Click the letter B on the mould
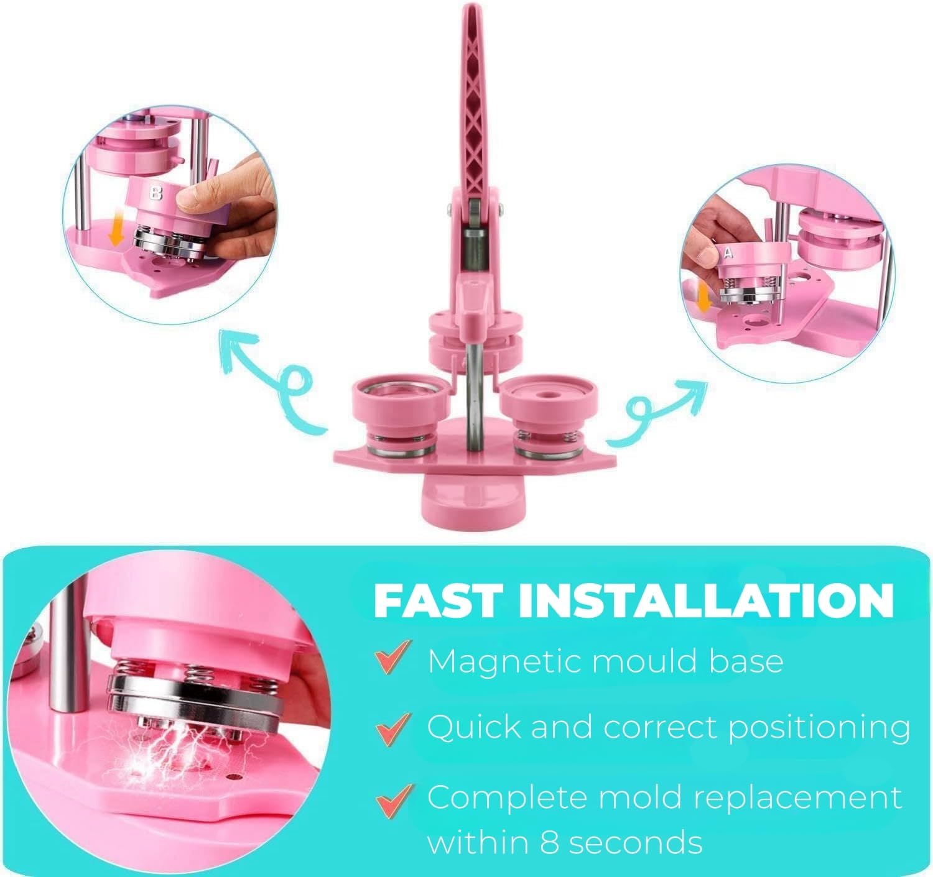click(x=155, y=193)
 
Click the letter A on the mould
click(x=728, y=254)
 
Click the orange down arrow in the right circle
click(x=703, y=299)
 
